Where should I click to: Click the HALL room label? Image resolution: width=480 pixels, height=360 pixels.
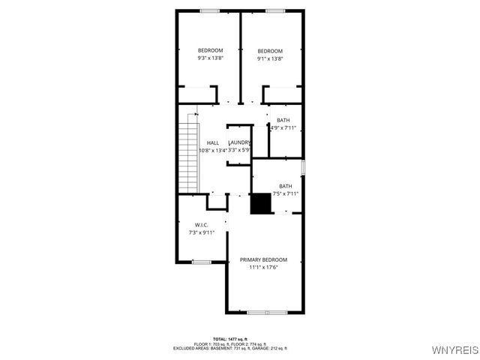pos(213,142)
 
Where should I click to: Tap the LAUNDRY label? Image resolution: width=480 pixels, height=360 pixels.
pos(239,142)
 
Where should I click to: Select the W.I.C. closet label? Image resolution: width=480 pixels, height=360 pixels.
pos(201,225)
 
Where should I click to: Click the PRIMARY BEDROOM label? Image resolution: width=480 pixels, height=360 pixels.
pos(263,259)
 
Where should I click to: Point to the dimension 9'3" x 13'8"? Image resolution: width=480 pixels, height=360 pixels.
pos(210,58)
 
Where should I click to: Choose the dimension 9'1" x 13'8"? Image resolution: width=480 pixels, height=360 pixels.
pos(270,58)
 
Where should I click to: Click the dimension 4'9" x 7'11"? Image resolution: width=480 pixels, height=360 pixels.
pos(283,127)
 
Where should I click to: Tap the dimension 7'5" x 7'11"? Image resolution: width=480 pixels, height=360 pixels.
pos(286,193)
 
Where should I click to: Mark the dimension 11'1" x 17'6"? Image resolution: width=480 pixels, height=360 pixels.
pos(263,267)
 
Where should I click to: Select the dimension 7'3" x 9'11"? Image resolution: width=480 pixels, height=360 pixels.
pos(201,232)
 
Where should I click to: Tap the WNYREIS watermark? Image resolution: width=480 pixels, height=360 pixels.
pos(456,351)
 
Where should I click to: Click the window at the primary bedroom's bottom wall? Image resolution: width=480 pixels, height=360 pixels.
pos(268,312)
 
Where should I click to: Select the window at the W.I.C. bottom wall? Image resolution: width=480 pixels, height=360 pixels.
pos(201,262)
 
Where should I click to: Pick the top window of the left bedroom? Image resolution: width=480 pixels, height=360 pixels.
pos(210,10)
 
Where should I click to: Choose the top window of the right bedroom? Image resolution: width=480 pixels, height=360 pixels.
pos(275,10)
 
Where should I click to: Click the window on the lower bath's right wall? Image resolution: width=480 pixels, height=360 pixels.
pos(303,166)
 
